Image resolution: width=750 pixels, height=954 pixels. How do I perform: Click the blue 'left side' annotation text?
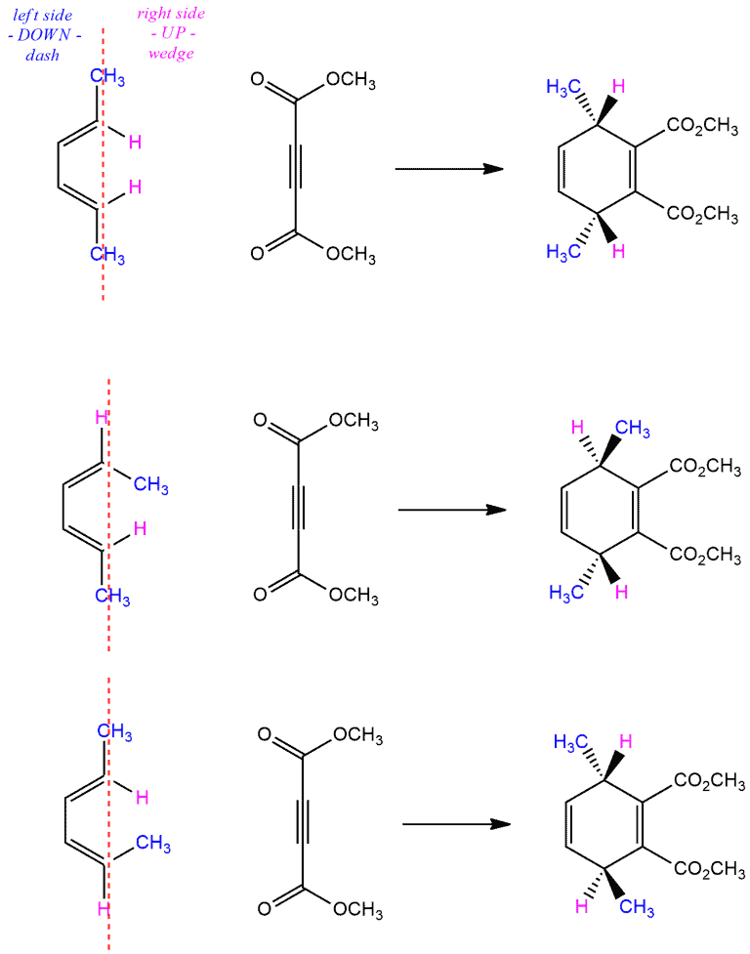pos(43,16)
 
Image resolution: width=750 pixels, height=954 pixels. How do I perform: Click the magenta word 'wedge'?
pos(171,54)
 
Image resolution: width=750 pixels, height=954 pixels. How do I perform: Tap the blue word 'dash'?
pos(42,55)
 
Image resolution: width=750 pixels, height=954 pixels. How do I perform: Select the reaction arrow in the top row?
pos(449,169)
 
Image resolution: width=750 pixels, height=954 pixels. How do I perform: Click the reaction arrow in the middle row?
pos(452,510)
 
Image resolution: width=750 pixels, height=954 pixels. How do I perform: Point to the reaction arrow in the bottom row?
pos(456,824)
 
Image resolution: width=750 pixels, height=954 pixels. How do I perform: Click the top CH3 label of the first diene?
pos(107,77)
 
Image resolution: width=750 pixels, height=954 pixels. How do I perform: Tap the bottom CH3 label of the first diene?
pos(107,255)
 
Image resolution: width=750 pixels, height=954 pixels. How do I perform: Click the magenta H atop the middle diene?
pos(102,417)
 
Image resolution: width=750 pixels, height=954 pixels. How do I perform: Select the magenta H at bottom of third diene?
pos(104,909)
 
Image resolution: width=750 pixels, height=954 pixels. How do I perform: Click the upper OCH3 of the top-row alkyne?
pos(351,80)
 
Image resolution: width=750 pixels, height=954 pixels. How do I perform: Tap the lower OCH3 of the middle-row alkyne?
pos(354,595)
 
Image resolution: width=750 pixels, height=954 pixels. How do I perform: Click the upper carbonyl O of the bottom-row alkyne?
pos(264,734)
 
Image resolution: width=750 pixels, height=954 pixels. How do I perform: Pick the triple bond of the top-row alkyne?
pos(296,165)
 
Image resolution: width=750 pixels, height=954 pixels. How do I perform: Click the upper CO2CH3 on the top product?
pos(702,126)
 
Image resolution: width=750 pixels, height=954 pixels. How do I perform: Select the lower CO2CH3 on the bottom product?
pos(709,869)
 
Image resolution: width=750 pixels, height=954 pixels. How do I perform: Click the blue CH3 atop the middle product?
pos(633,429)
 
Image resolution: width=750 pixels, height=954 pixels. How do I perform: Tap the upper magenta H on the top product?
pos(618,86)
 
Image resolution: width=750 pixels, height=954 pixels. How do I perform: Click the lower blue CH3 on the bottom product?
pos(637,907)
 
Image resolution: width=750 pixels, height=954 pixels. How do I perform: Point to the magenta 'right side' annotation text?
pos(171,14)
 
